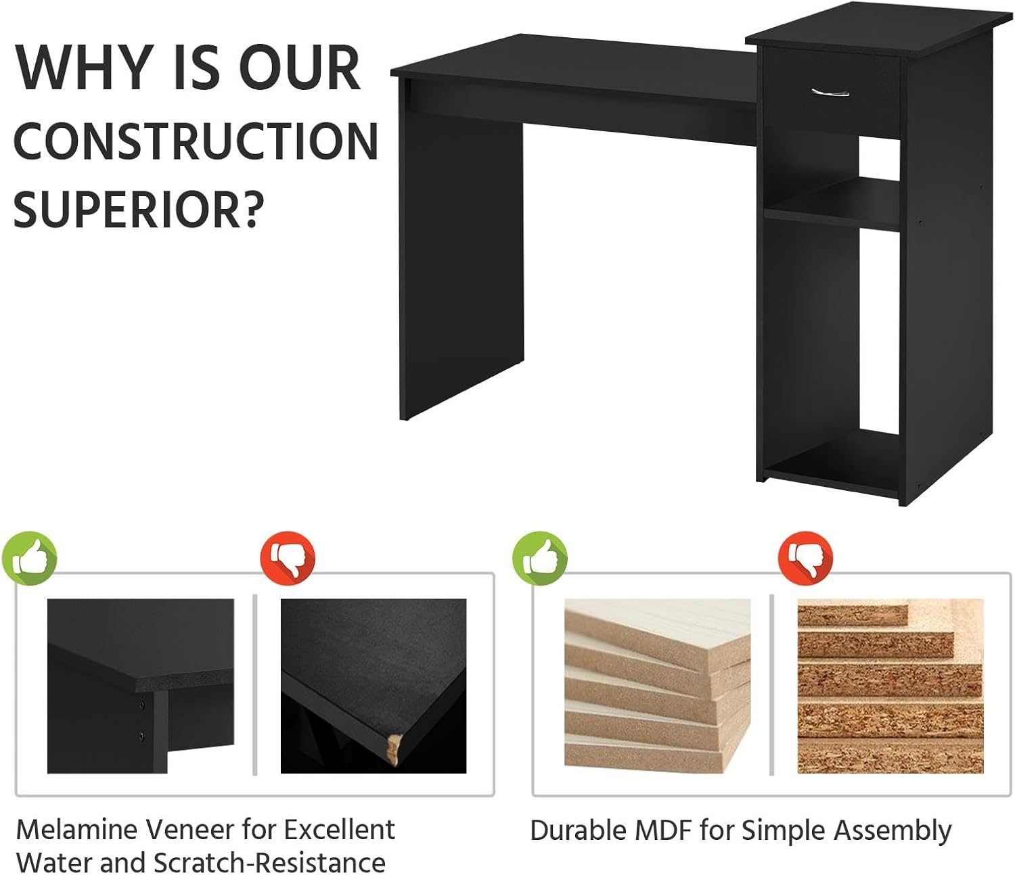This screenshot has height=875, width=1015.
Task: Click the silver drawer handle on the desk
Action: tap(830, 91)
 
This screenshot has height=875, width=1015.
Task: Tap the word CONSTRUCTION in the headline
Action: tap(196, 142)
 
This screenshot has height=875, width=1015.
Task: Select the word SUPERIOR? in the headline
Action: tap(137, 210)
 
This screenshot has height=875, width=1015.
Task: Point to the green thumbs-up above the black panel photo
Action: tap(30, 559)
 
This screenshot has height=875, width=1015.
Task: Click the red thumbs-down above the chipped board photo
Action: tap(288, 559)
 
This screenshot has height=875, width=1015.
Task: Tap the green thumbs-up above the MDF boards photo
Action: tap(540, 559)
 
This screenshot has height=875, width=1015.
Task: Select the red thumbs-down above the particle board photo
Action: tap(805, 559)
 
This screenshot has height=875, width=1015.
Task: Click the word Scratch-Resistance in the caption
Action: tap(269, 863)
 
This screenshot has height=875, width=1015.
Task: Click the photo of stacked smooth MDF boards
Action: tap(657, 686)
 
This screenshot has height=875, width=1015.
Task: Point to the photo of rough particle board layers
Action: tap(890, 686)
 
